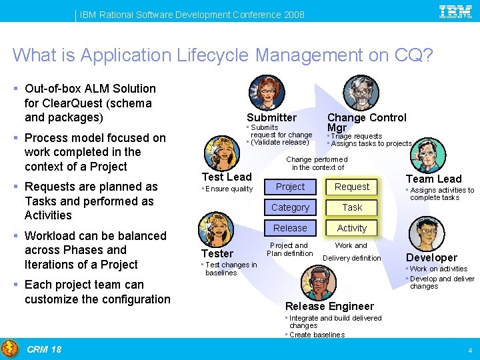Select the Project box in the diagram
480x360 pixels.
(290, 187)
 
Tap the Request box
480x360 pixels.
(352, 187)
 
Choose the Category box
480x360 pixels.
(290, 207)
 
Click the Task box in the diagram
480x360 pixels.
(352, 207)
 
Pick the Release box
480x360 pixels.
(290, 228)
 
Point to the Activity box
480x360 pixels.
(352, 228)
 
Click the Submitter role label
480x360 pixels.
(271, 117)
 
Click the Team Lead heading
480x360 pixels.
(433, 179)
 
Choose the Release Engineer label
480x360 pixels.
(329, 306)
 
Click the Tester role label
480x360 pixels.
(217, 253)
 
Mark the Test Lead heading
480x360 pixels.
(227, 177)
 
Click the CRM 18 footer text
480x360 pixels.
(44, 349)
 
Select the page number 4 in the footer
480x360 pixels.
(470, 350)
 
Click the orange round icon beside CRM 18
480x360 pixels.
(10, 349)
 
